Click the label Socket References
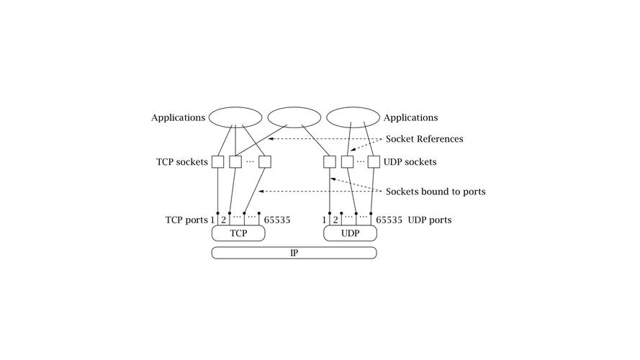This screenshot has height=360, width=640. click(425, 139)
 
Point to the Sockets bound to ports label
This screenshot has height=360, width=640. click(436, 192)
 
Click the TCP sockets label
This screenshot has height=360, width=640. click(182, 162)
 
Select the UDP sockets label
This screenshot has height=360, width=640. click(410, 162)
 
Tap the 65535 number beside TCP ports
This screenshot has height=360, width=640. click(277, 220)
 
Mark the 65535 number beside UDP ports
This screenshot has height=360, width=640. click(389, 220)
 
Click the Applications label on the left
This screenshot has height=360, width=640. click(179, 118)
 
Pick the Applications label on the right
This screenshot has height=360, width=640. click(410, 118)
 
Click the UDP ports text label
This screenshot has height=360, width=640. click(430, 220)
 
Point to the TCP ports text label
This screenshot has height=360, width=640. click(187, 220)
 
